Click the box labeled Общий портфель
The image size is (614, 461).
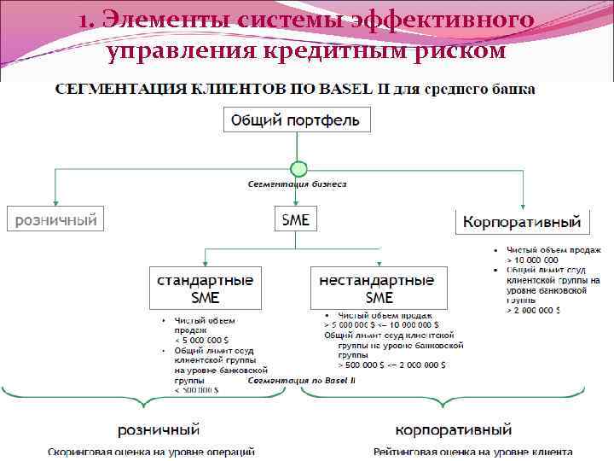pyautogui.click(x=297, y=119)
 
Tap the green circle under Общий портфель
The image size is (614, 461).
pyautogui.click(x=298, y=168)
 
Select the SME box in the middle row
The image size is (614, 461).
pyautogui.click(x=296, y=219)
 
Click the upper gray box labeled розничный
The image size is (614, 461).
pyautogui.click(x=53, y=219)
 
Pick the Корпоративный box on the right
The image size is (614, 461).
pyautogui.click(x=522, y=223)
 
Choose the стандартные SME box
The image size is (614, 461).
pyautogui.click(x=205, y=289)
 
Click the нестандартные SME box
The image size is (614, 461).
pyautogui.click(x=378, y=289)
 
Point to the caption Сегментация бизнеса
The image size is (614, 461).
pyautogui.click(x=297, y=184)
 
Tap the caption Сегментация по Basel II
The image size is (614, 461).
pyautogui.click(x=301, y=380)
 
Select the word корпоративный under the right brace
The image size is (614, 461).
pyautogui.click(x=454, y=429)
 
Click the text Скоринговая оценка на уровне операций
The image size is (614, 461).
pyautogui.click(x=151, y=452)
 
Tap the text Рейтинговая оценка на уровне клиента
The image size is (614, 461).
pyautogui.click(x=472, y=452)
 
